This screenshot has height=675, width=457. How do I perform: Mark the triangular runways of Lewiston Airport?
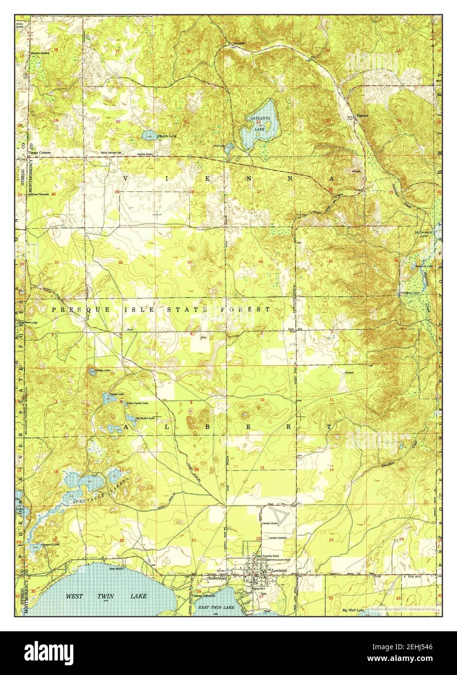pos(277,516)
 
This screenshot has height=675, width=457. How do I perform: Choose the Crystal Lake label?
pos(117,394)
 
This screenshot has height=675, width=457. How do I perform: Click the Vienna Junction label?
pos(189,596)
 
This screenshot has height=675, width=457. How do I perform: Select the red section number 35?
pos(330,262)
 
